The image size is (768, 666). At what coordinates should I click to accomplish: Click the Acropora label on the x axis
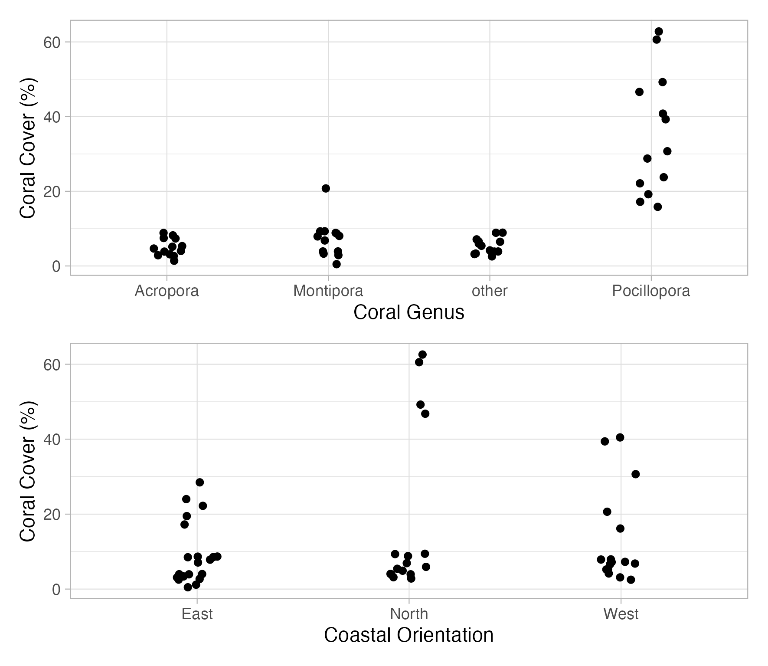pyautogui.click(x=167, y=291)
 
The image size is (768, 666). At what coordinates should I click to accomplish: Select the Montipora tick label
pyautogui.click(x=328, y=291)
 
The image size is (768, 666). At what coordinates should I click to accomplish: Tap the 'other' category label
pyautogui.click(x=489, y=291)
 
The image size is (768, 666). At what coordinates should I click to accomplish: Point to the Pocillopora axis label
pyautogui.click(x=650, y=291)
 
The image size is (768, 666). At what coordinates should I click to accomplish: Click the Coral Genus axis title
pyautogui.click(x=409, y=312)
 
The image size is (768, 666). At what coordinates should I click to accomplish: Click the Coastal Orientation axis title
pyautogui.click(x=409, y=635)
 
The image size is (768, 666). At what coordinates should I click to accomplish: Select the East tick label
pyautogui.click(x=197, y=614)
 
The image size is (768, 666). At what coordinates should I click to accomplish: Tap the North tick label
pyautogui.click(x=409, y=614)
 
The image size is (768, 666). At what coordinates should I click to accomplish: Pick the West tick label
pyautogui.click(x=621, y=614)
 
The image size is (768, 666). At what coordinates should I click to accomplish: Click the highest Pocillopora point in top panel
pyautogui.click(x=658, y=31)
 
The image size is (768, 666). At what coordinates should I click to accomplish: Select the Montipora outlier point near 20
pyautogui.click(x=326, y=188)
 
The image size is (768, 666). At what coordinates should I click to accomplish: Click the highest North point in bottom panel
pyautogui.click(x=422, y=354)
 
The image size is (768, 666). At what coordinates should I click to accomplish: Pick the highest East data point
pyautogui.click(x=199, y=482)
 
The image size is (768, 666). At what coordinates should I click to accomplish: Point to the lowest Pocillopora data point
pyautogui.click(x=657, y=207)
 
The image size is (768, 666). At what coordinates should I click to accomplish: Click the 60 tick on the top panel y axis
pyautogui.click(x=52, y=42)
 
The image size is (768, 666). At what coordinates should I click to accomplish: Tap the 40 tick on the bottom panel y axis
pyautogui.click(x=52, y=439)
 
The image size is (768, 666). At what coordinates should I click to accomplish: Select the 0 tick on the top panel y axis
pyautogui.click(x=56, y=266)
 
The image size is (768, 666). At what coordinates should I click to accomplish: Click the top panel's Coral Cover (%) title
pyautogui.click(x=29, y=148)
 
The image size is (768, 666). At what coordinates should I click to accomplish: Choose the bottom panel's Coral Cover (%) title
pyautogui.click(x=29, y=471)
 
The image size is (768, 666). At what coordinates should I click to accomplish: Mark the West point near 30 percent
pyautogui.click(x=635, y=474)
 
